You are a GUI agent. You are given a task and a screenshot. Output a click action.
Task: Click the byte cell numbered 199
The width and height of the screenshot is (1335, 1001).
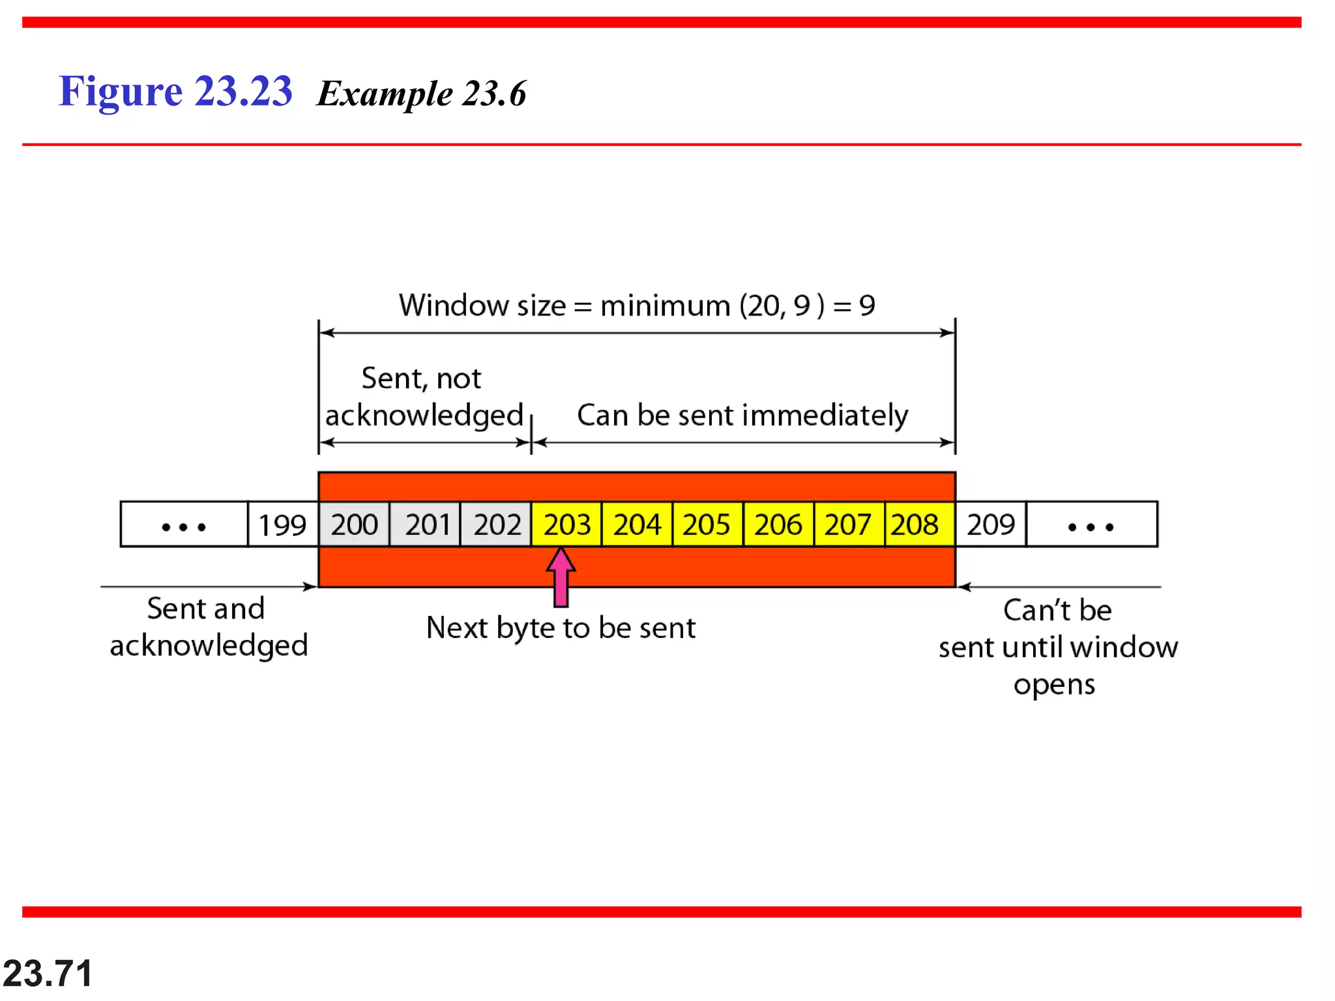(283, 525)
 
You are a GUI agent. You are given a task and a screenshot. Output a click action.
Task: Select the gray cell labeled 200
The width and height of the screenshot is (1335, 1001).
(354, 525)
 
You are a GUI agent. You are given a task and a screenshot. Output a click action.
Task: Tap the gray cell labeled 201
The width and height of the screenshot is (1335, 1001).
(425, 525)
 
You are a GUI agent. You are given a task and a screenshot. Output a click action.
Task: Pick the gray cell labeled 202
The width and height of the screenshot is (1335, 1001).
(496, 525)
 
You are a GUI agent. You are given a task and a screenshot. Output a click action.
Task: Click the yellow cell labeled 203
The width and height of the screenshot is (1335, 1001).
(566, 525)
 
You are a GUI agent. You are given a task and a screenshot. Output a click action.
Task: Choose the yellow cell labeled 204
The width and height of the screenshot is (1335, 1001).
(637, 525)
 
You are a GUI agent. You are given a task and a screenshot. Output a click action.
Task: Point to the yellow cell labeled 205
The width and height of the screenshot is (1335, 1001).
(707, 525)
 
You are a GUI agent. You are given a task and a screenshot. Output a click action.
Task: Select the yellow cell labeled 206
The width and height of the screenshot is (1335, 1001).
(778, 525)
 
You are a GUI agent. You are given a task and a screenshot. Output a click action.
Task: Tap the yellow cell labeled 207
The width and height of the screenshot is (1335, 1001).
(849, 525)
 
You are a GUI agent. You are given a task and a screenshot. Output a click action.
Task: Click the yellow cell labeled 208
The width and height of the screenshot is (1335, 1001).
(919, 525)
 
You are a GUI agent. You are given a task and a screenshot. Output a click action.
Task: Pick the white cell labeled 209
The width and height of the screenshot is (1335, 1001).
(991, 525)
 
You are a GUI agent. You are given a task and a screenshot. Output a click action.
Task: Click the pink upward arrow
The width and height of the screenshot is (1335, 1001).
(561, 577)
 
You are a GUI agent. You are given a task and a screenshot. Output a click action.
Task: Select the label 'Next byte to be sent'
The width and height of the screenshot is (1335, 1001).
(561, 628)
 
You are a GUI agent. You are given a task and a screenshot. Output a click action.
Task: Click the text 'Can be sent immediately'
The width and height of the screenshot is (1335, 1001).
(742, 416)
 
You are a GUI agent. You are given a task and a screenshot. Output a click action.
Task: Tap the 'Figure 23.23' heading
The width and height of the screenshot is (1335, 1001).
(175, 91)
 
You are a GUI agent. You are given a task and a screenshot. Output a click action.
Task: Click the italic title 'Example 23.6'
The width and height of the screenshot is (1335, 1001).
(421, 94)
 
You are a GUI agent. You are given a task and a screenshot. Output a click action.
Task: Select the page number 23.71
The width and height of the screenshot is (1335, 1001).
(48, 974)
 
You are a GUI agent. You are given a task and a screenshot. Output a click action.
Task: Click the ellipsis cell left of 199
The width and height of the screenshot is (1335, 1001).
(184, 525)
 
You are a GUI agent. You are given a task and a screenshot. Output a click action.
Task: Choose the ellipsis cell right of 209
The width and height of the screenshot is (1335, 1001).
(1092, 525)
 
